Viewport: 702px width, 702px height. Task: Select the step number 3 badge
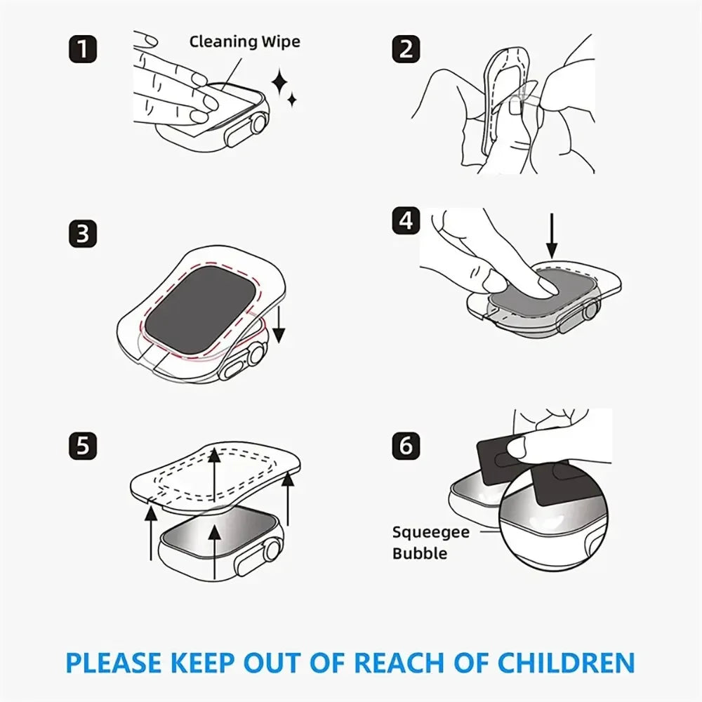tap(83, 234)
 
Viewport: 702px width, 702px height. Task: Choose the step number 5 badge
tap(83, 446)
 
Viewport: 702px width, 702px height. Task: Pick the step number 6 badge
tap(406, 446)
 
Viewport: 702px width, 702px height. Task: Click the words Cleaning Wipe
tap(244, 41)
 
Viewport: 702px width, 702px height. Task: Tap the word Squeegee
tap(430, 531)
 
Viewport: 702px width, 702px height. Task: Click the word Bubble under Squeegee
tap(419, 553)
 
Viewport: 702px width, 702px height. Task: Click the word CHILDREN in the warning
tap(568, 662)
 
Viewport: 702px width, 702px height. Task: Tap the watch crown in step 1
tap(260, 124)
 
